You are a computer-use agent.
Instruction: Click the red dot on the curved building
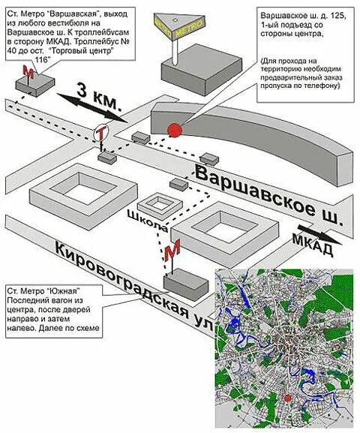tap(175, 130)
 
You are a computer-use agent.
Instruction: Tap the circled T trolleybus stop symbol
tap(101, 134)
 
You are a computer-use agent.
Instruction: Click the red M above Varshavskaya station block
tap(29, 71)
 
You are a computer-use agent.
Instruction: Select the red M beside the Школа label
tap(172, 250)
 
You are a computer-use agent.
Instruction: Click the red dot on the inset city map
tap(287, 398)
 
